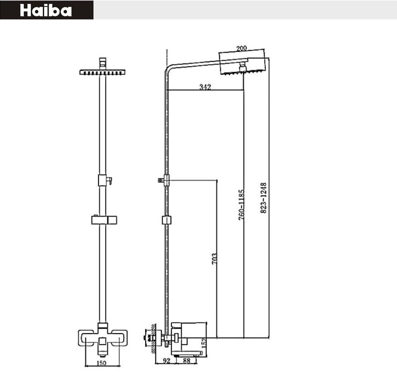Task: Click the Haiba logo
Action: [46, 10]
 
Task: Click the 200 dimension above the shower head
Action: [241, 48]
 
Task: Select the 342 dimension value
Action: [205, 87]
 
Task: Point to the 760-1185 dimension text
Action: [242, 204]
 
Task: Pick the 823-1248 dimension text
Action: [264, 198]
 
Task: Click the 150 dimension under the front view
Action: [102, 363]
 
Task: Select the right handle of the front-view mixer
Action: [121, 337]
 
